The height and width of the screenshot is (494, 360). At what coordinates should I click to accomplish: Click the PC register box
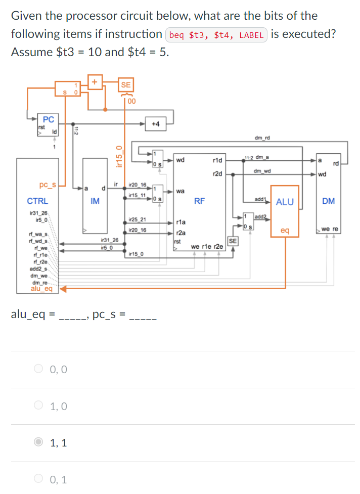49,124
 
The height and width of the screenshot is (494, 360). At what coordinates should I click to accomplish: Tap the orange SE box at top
125,85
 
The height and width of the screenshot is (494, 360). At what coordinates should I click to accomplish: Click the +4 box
155,123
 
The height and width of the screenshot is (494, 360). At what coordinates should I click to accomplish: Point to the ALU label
285,202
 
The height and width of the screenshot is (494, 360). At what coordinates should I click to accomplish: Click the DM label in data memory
328,201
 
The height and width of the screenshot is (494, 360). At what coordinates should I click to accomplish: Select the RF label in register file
199,201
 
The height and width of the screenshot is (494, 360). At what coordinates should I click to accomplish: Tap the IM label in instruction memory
95,201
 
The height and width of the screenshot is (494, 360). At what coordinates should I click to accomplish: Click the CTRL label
37,201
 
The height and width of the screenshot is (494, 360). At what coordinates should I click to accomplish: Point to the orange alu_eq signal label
41,289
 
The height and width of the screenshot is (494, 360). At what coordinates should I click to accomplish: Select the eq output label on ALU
285,230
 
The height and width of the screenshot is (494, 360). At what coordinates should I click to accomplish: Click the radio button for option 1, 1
39,442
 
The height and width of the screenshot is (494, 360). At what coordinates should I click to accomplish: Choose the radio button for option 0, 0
39,370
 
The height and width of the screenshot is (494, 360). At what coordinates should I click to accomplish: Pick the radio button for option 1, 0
39,406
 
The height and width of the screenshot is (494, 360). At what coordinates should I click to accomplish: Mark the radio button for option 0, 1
39,479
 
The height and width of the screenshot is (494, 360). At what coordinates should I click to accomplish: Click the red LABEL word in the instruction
251,35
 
